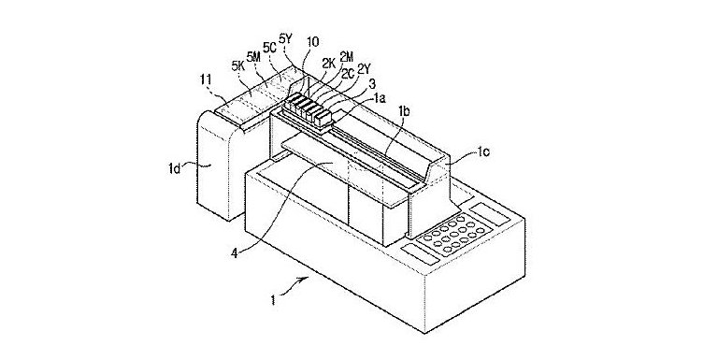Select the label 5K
pyautogui.click(x=239, y=66)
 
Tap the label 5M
pyautogui.click(x=255, y=57)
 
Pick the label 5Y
pyautogui.click(x=285, y=40)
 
